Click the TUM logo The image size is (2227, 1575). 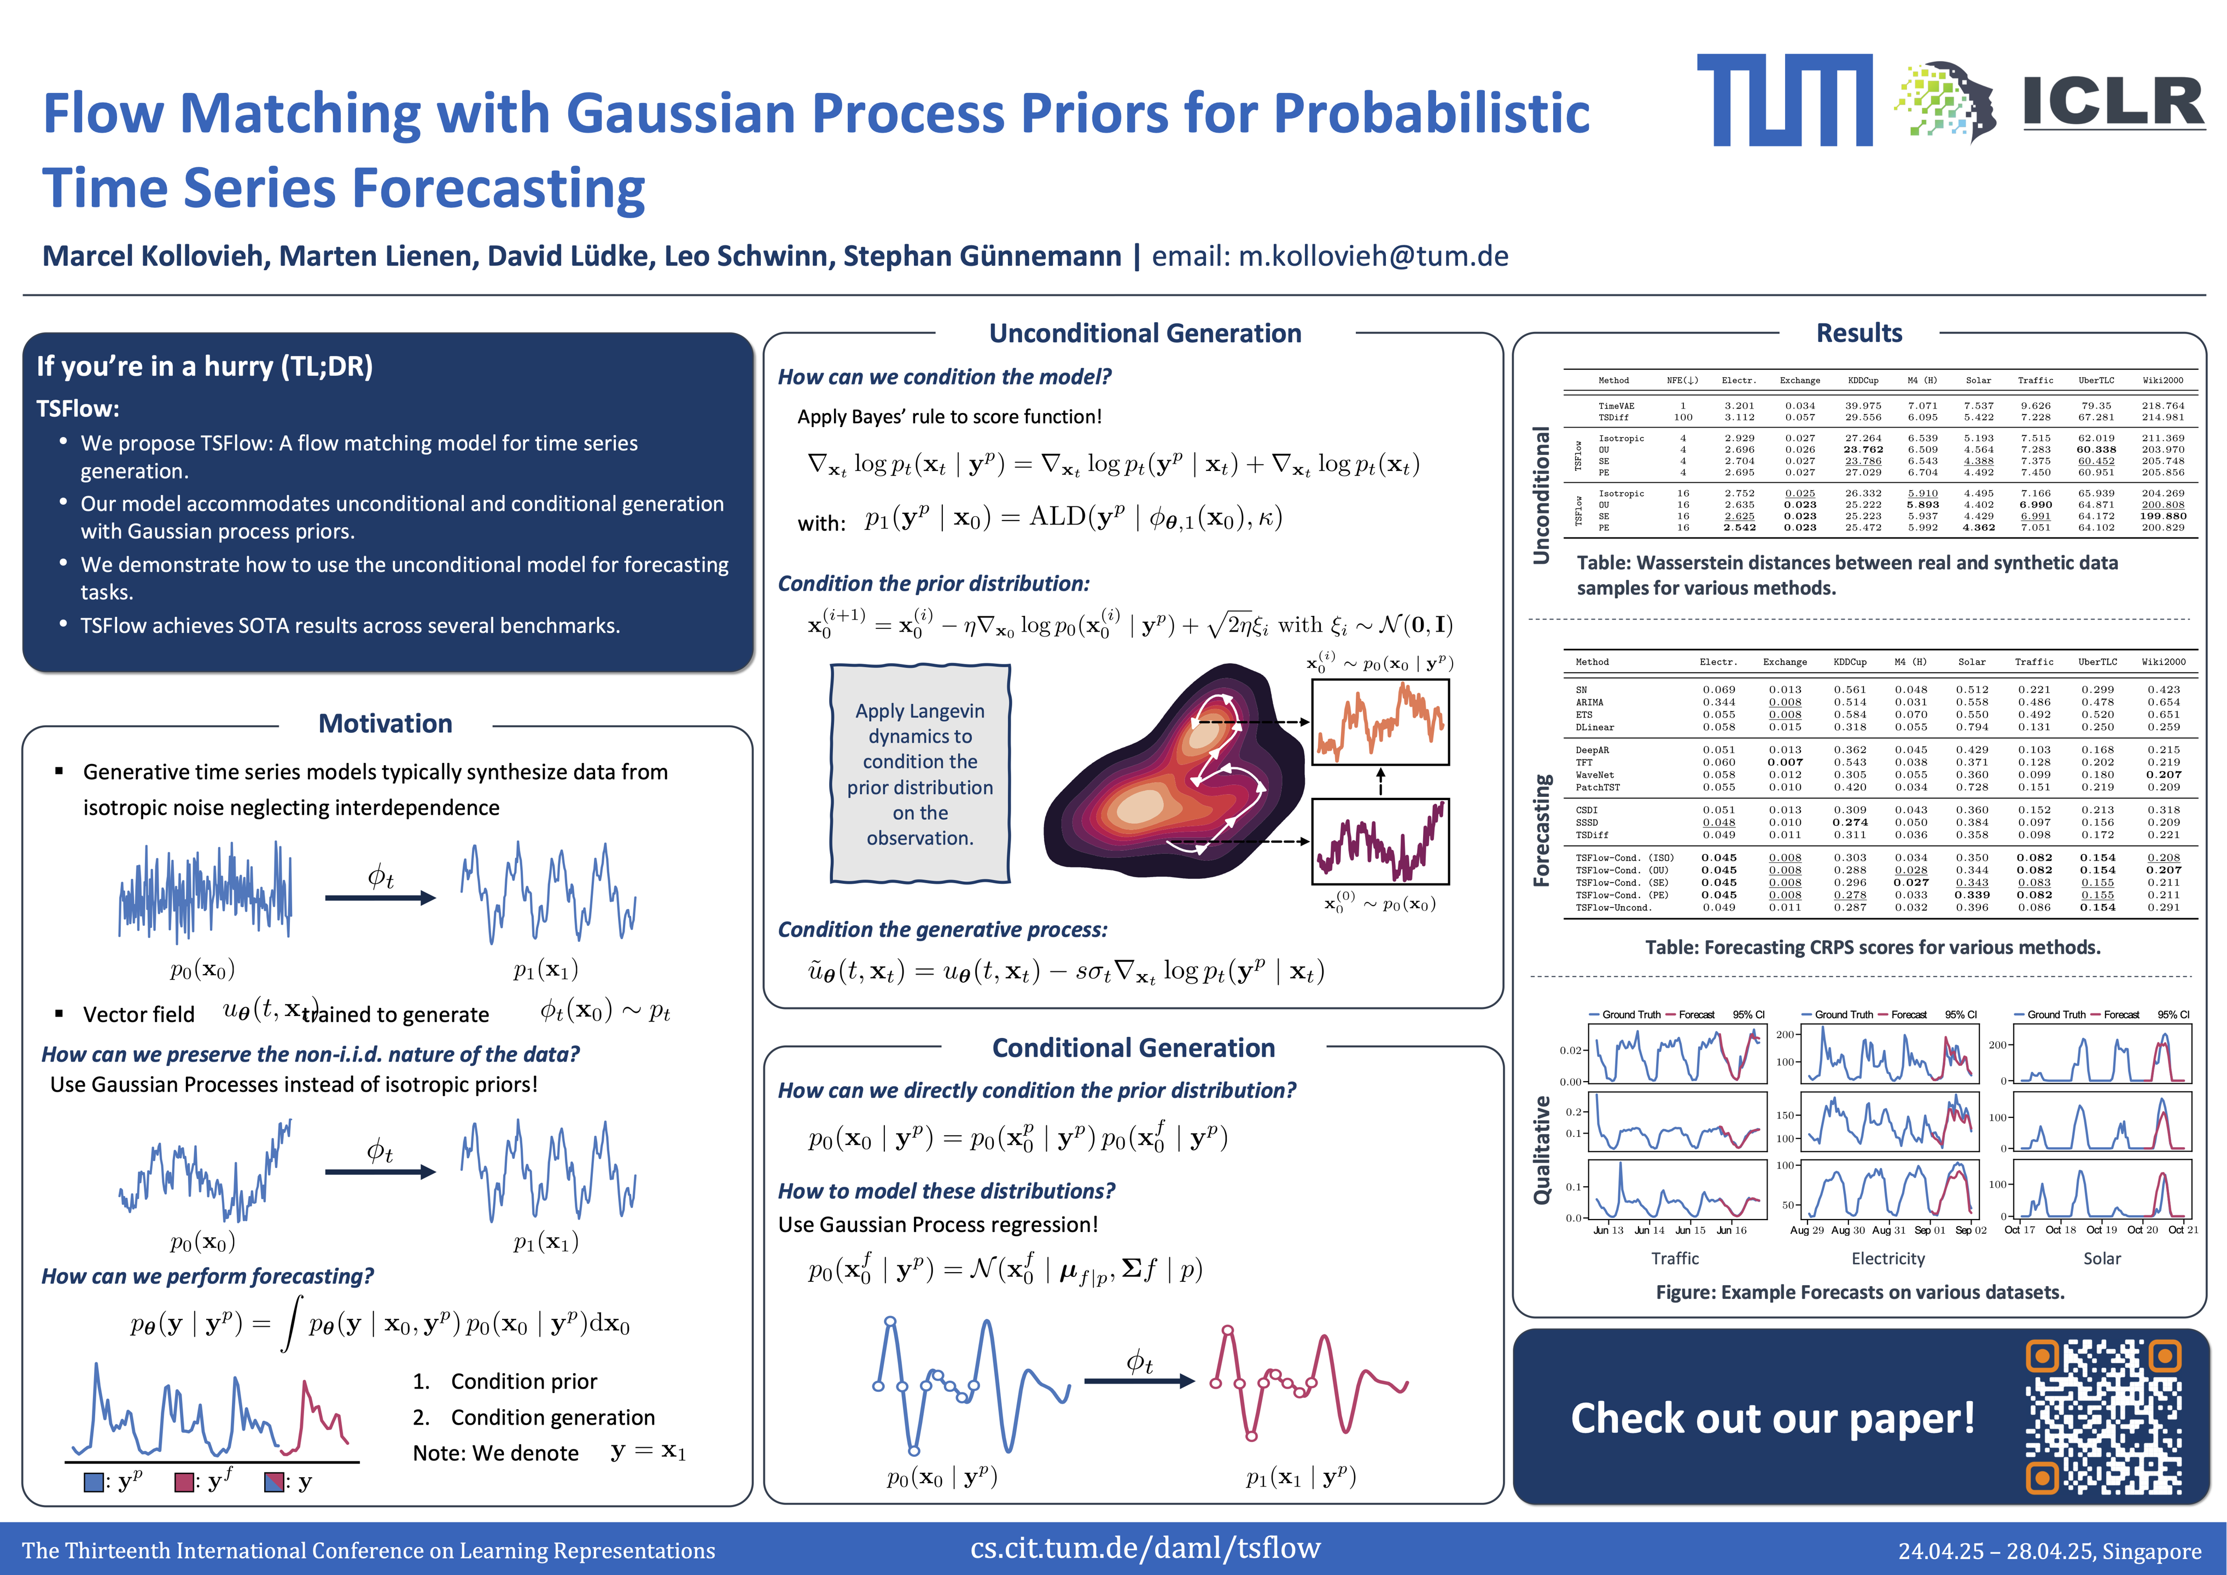1784,100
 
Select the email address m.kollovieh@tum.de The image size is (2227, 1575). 1373,256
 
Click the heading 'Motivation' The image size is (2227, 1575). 385,724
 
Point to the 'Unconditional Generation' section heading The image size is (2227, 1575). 1145,334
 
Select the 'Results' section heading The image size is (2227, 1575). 1858,334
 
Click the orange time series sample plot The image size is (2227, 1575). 1379,722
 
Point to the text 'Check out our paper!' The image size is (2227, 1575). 1772,1418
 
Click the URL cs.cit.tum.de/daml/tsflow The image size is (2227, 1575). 1145,1547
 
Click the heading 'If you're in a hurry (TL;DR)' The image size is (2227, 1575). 205,366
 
